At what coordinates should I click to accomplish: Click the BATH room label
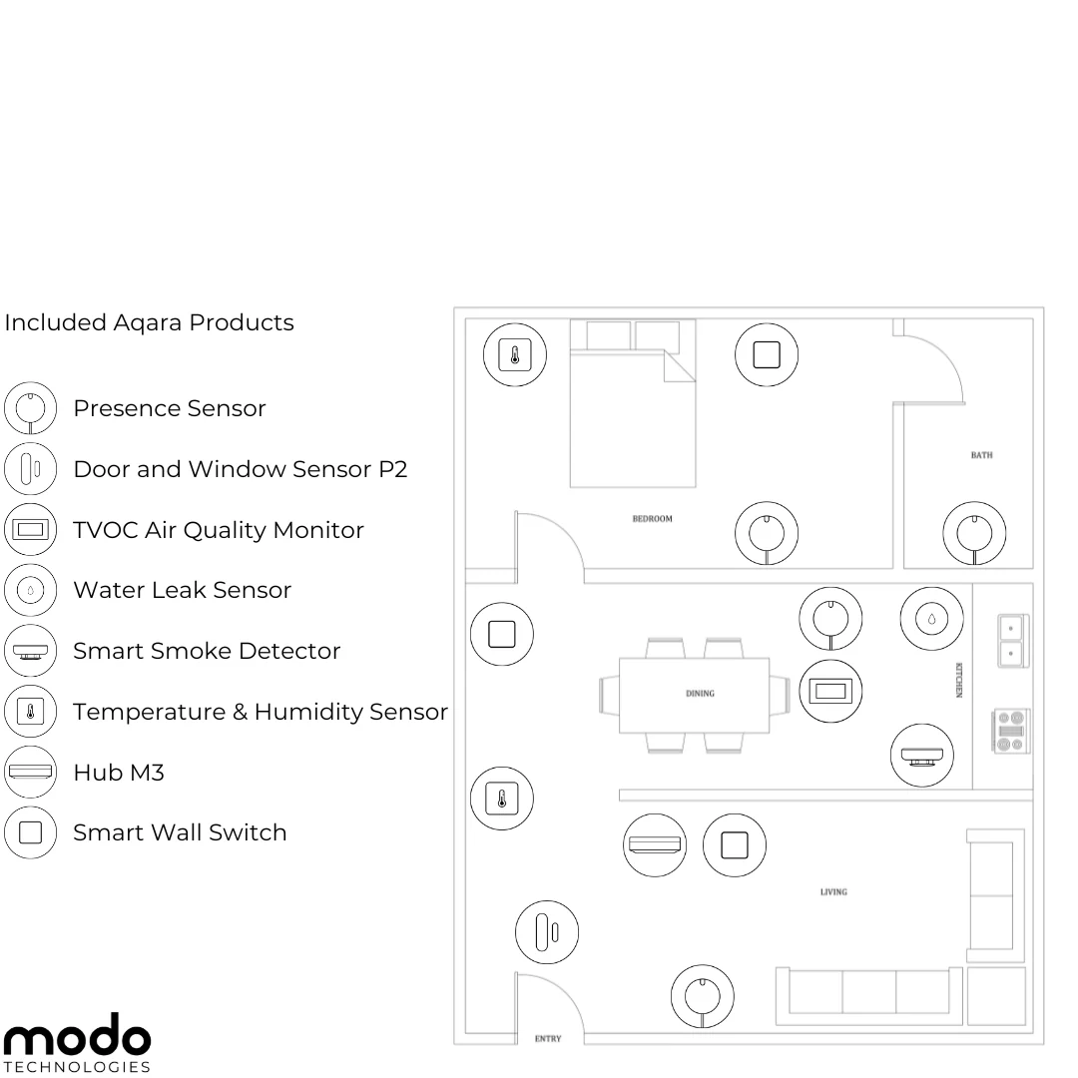(981, 455)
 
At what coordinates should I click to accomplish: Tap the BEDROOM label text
(652, 518)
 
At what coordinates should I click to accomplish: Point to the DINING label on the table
(700, 693)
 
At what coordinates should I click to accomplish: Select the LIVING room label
(833, 891)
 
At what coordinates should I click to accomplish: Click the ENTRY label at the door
(548, 1039)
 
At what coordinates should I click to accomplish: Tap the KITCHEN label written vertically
(959, 680)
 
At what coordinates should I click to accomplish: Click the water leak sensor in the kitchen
(931, 619)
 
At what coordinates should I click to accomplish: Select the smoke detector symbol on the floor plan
(922, 755)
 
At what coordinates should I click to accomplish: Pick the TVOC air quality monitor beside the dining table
(830, 691)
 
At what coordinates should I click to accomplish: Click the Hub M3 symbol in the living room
(655, 845)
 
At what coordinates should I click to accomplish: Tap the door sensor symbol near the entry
(547, 932)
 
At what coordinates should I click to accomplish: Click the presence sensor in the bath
(974, 533)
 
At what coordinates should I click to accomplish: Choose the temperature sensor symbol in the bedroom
(515, 354)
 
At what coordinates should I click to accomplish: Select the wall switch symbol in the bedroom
(767, 354)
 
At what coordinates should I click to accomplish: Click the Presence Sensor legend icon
(30, 408)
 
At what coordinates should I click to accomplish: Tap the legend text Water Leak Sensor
(183, 590)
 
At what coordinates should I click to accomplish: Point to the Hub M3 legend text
(119, 772)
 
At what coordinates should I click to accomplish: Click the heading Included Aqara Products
(149, 322)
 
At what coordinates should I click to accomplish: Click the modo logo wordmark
(77, 1033)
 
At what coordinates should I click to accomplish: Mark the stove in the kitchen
(1010, 731)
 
